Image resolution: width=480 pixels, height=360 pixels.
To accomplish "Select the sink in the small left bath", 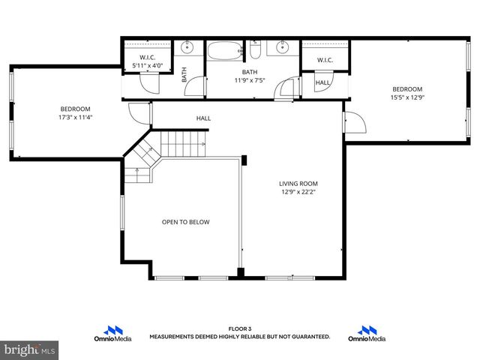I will (x=187, y=48).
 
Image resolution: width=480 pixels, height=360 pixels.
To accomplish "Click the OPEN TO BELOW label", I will (x=186, y=222).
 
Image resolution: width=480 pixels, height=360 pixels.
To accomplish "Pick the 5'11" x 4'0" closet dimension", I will (x=147, y=65).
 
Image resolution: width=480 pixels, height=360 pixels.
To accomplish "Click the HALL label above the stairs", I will (x=203, y=118).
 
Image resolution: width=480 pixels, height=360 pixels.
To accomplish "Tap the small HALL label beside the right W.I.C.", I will (x=322, y=82).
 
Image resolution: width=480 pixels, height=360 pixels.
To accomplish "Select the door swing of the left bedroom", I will (x=139, y=115).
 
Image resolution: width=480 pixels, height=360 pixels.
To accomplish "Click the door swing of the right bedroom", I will (x=353, y=123).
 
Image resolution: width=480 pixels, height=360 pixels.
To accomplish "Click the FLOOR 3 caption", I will (x=239, y=328).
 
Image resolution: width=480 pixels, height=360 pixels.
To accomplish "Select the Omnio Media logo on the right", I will (x=367, y=333).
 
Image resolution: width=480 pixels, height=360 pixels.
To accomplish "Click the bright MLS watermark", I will (x=30, y=350).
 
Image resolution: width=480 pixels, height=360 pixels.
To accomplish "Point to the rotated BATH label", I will (x=184, y=74).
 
